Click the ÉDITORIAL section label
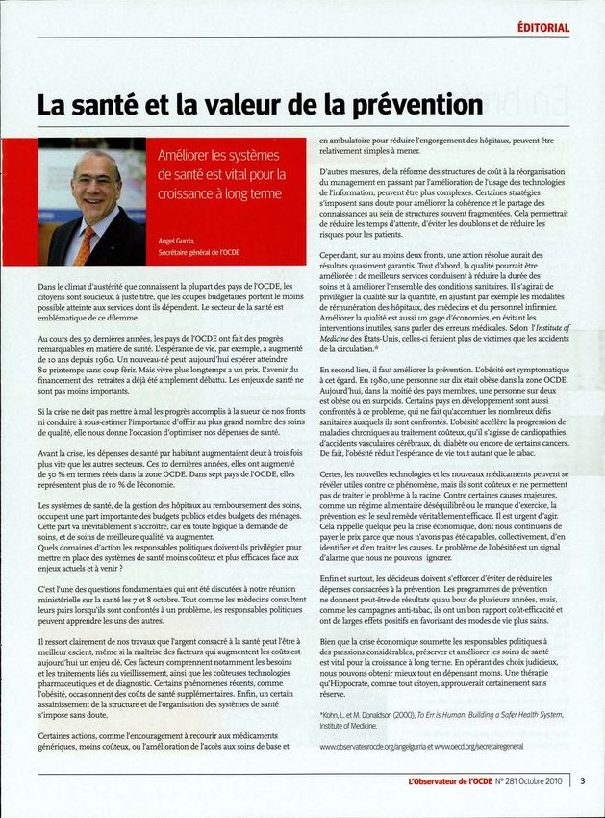tap(542, 27)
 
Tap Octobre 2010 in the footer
tap(541, 782)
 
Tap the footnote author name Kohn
tap(332, 715)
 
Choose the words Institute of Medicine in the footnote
tap(350, 726)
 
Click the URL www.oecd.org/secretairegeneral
tap(493, 746)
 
